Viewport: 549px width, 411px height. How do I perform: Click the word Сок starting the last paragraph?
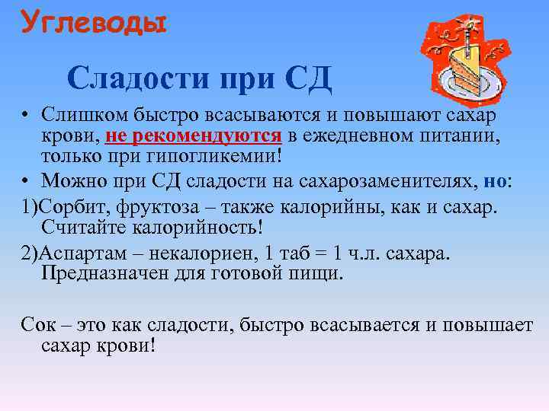click(36, 324)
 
